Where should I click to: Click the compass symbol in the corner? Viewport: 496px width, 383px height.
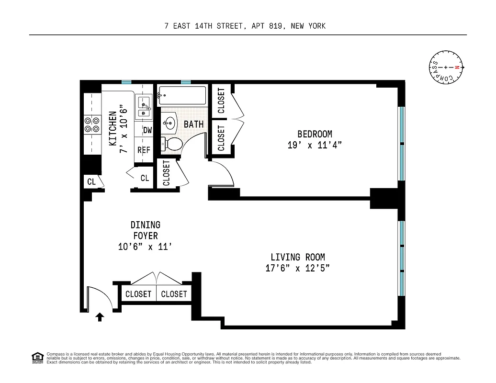(446, 68)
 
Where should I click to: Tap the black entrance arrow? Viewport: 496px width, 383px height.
(100, 317)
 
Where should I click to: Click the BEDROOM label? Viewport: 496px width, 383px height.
(315, 134)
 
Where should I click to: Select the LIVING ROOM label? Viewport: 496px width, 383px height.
(297, 257)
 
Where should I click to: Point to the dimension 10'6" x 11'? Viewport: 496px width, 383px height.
(145, 247)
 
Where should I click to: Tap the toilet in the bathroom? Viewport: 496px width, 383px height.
(172, 143)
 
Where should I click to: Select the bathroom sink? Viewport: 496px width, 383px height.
(169, 123)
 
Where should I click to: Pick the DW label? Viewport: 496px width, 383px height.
(147, 130)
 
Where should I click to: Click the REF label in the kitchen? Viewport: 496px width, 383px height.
(144, 150)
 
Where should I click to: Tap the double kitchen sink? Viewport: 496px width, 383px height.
(144, 107)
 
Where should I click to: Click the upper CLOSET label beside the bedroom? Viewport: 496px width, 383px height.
(221, 101)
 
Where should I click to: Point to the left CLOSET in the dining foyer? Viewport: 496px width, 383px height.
(138, 294)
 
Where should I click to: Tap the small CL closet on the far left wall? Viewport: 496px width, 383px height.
(91, 182)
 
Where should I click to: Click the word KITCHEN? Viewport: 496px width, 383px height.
(113, 129)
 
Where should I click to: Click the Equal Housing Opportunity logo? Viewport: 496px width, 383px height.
(37, 357)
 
